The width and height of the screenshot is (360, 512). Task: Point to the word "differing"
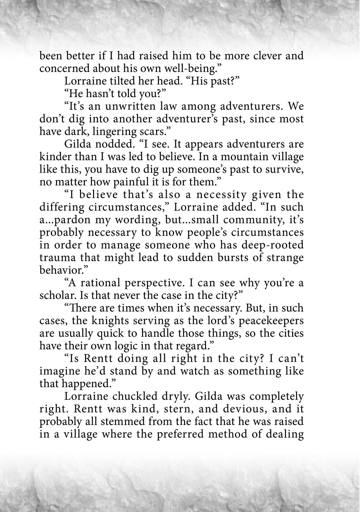[62, 207]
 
